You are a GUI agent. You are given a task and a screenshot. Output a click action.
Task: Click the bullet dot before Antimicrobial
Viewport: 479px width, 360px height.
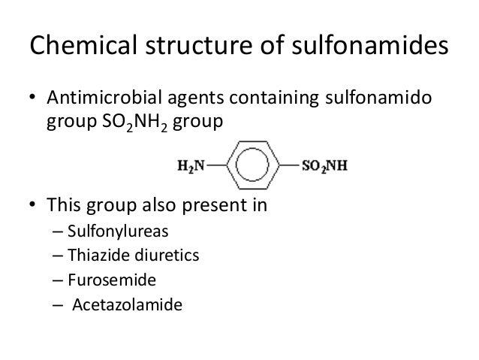pyautogui.click(x=32, y=101)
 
